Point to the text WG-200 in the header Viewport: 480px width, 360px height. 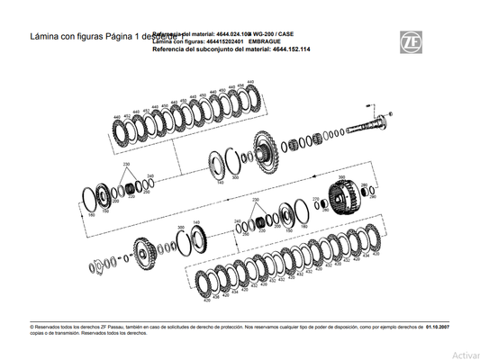pos(265,33)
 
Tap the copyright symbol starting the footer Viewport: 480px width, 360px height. pos(32,327)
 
